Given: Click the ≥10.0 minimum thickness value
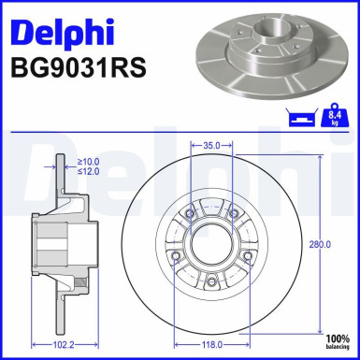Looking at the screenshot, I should click(89, 161).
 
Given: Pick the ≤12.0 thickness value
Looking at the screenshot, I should click(89, 172).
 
